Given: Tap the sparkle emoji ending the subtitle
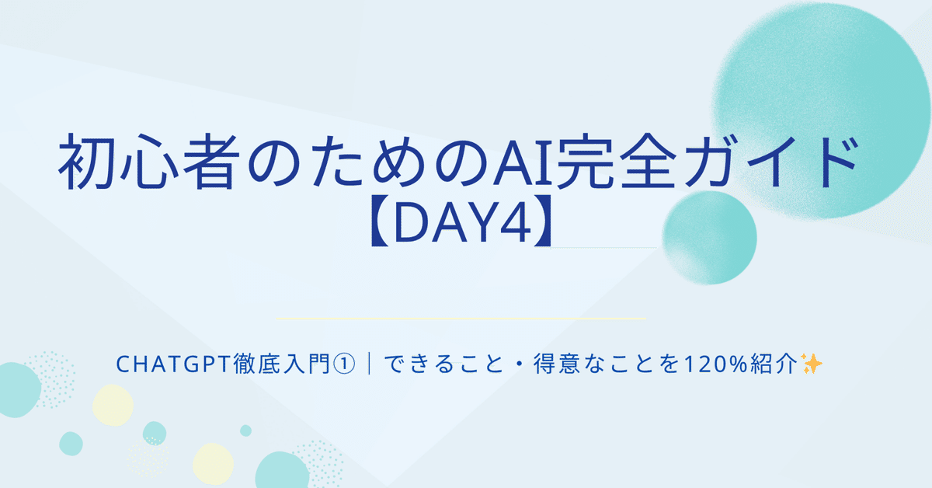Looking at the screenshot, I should pyautogui.click(x=812, y=364).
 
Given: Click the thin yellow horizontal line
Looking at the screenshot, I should pyautogui.click(x=461, y=319).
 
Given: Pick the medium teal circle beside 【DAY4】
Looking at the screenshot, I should pyautogui.click(x=710, y=237).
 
